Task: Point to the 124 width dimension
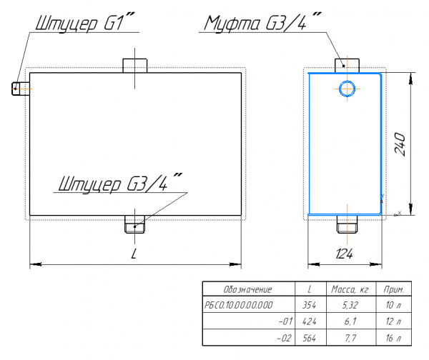(x=344, y=253)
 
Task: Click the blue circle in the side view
(x=347, y=89)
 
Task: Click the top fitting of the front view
(x=135, y=65)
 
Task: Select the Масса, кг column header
(x=349, y=289)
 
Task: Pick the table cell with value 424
(x=310, y=321)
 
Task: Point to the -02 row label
(x=285, y=337)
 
